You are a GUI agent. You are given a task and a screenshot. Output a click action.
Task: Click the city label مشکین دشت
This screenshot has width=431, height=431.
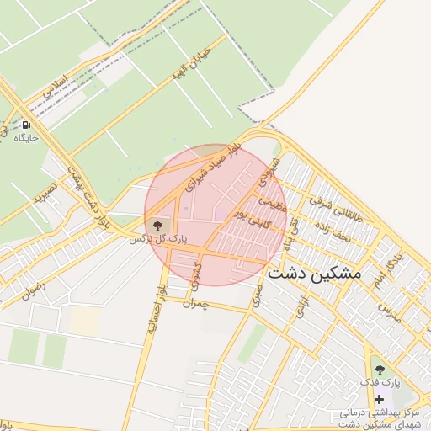tap(313, 274)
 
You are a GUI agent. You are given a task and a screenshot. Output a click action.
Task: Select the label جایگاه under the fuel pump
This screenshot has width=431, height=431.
tap(25, 136)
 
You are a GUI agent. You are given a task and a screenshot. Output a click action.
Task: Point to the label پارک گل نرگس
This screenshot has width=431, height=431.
tap(156, 240)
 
